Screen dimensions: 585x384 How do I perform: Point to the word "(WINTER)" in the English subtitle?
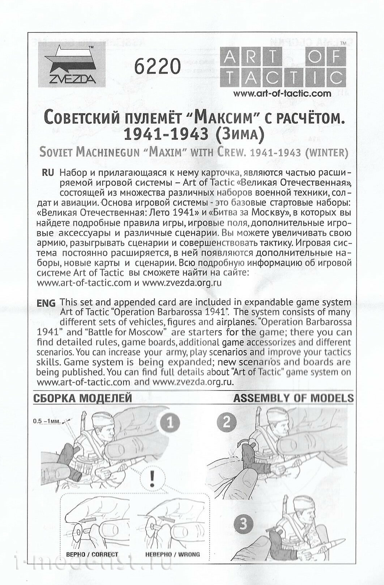tap(327, 152)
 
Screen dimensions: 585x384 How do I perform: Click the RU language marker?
tap(48, 172)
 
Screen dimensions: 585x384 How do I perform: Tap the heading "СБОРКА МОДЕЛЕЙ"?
tap(82, 399)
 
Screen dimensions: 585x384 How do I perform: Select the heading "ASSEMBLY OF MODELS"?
tap(293, 398)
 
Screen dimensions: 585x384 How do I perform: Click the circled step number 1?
tap(170, 423)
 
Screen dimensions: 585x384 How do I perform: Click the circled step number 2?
tap(227, 422)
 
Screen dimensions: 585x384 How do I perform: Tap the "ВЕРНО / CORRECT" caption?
tap(92, 554)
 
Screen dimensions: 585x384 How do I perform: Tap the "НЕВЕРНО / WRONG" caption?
tap(172, 554)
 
